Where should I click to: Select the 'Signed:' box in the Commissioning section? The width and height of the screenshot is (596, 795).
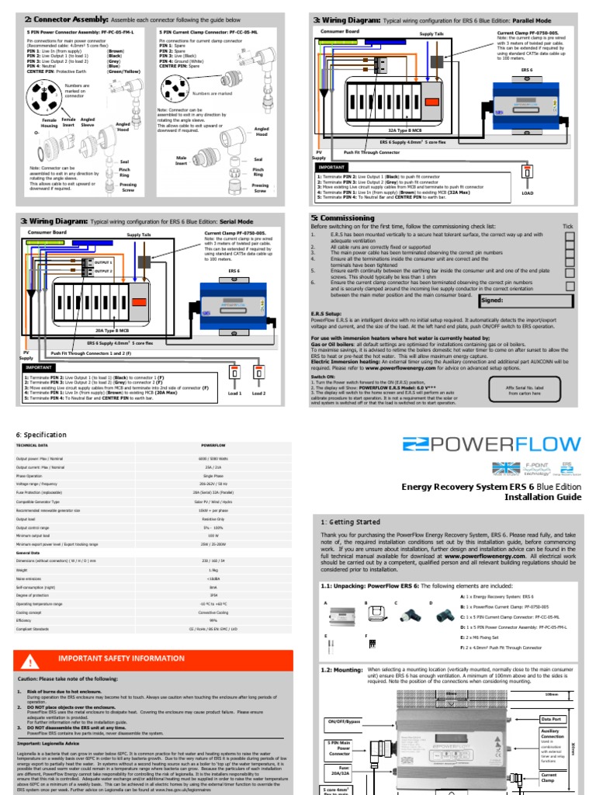pyautogui.click(x=528, y=300)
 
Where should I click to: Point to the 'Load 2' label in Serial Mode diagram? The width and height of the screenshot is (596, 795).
pyautogui.click(x=258, y=394)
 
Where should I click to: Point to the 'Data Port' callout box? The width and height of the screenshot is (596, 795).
pyautogui.click(x=550, y=720)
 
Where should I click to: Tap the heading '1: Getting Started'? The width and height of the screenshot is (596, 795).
pyautogui.click(x=352, y=522)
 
